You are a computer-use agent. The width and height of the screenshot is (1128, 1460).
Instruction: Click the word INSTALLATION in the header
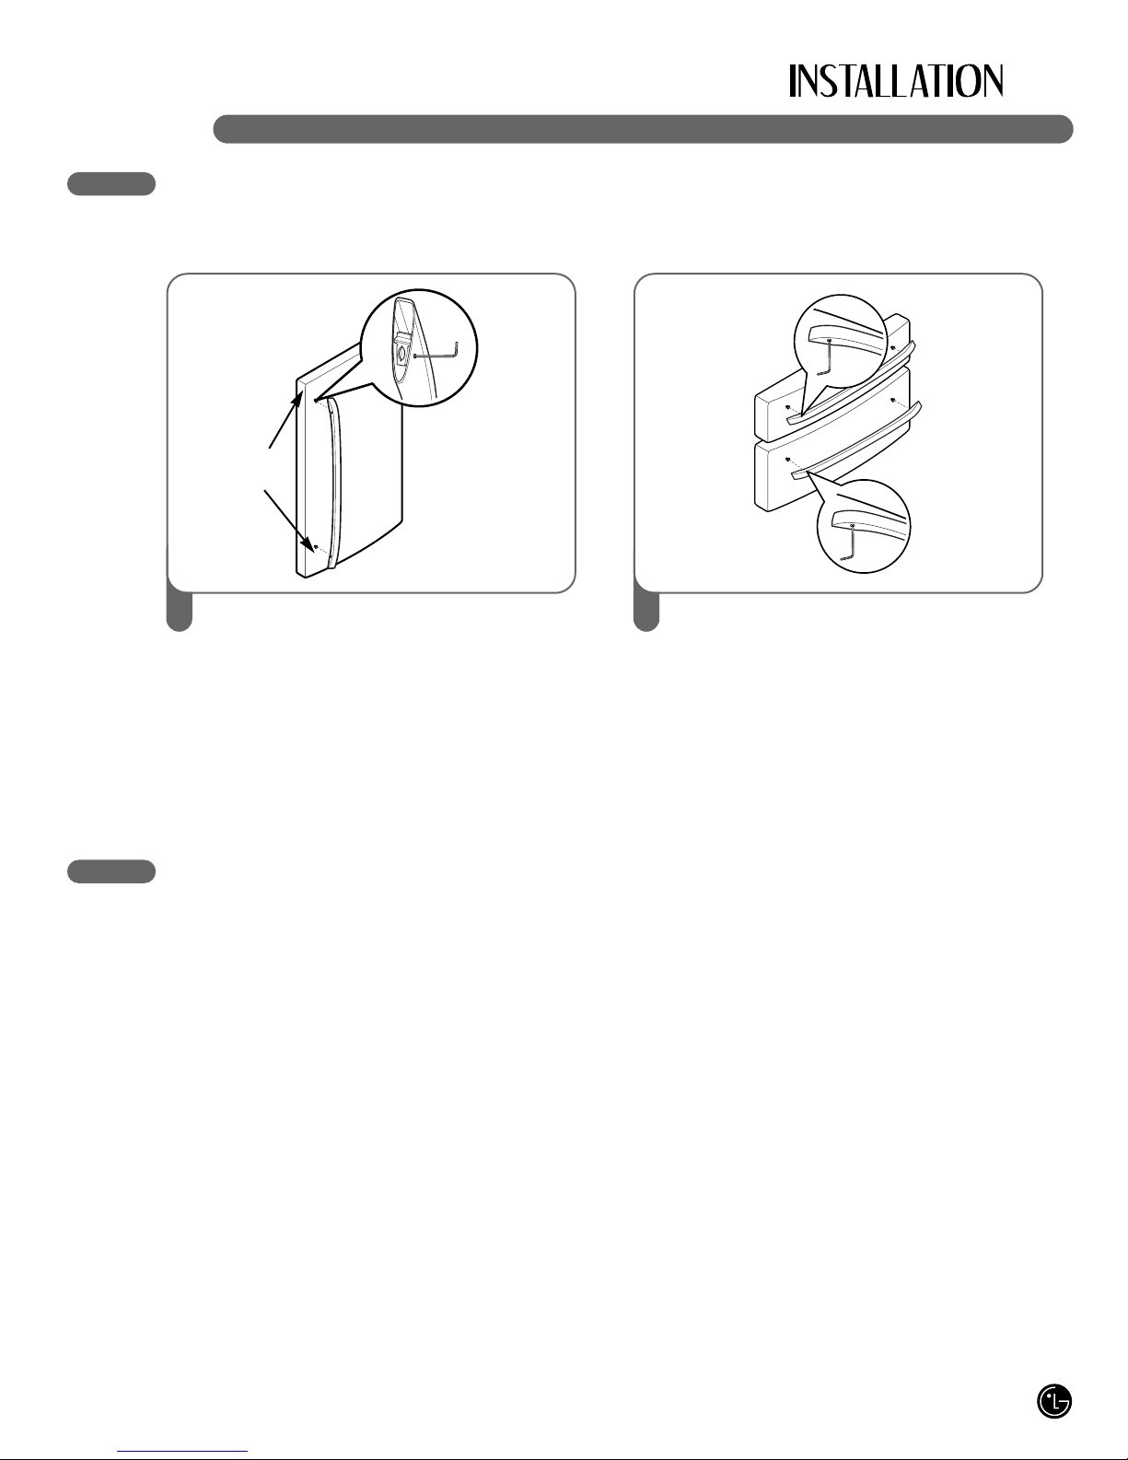coord(896,81)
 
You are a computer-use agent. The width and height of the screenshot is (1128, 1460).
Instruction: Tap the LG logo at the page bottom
coord(1054,1401)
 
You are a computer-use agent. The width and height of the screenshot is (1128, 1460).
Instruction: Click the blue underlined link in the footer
coord(182,1449)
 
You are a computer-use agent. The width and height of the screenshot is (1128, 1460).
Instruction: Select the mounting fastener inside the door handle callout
coord(401,354)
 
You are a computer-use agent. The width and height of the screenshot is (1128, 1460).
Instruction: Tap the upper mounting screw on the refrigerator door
coord(315,400)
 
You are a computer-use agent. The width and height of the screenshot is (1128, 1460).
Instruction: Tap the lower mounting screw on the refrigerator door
coord(316,547)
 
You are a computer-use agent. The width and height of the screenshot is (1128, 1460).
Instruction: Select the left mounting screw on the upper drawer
coord(787,406)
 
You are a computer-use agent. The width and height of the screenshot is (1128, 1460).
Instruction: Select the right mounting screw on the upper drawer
coord(892,347)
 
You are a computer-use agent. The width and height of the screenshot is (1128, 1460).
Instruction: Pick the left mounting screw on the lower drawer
coord(787,460)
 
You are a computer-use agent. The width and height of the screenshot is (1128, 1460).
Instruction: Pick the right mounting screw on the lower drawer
coord(893,400)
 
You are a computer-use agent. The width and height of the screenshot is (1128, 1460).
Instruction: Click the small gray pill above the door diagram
coord(111,183)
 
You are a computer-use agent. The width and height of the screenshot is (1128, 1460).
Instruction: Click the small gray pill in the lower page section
coord(111,870)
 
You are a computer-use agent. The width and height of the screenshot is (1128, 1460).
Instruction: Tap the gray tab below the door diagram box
coord(180,611)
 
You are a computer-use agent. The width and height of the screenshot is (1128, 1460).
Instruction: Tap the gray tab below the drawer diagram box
coord(646,611)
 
